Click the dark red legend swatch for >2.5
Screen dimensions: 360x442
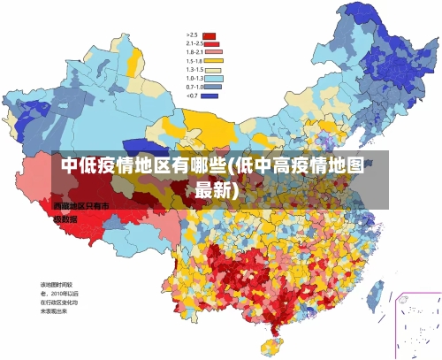(210, 35)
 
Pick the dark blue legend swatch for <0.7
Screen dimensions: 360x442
(210, 96)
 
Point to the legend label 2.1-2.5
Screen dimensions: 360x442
(194, 43)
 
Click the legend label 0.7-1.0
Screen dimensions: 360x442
(194, 87)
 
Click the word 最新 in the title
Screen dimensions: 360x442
(215, 189)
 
